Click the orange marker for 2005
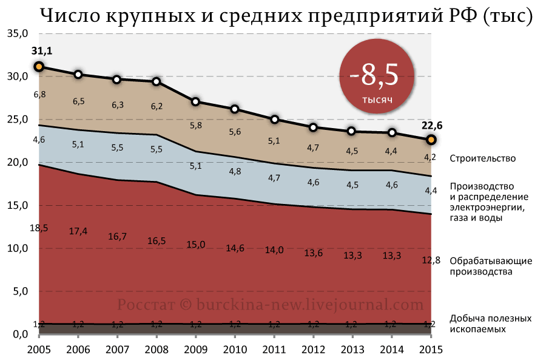click(x=38, y=67)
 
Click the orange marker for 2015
click(x=431, y=140)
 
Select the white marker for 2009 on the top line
click(x=195, y=101)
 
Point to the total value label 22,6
click(x=431, y=126)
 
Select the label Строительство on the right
click(x=482, y=158)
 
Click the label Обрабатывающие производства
click(x=491, y=266)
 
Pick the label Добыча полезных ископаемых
click(x=490, y=324)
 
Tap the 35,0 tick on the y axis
click(x=18, y=33)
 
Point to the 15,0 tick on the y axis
click(x=18, y=205)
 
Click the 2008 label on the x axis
click(x=156, y=350)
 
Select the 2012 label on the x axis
click(x=313, y=350)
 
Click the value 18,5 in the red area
click(x=38, y=227)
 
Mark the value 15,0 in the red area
click(x=195, y=244)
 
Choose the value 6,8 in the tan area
click(x=39, y=94)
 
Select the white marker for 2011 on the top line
click(x=274, y=119)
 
